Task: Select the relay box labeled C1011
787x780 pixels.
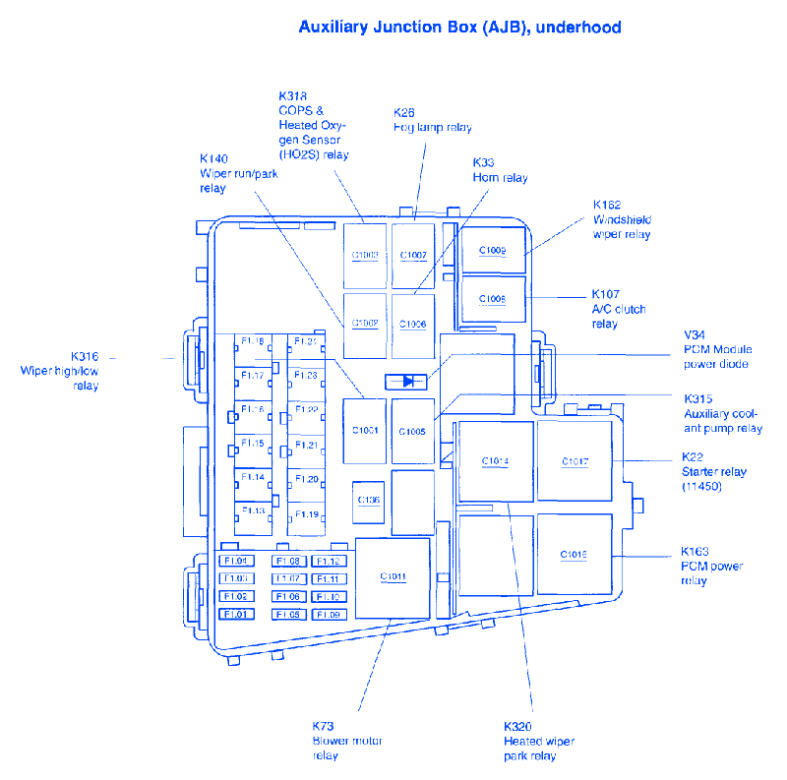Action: (393, 577)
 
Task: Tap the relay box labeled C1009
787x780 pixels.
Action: (493, 250)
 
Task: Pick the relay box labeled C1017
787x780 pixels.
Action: (575, 461)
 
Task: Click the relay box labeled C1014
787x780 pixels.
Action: (495, 461)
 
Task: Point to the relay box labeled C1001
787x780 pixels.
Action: (365, 431)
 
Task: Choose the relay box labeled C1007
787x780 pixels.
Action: (413, 255)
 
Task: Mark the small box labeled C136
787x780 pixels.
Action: (369, 501)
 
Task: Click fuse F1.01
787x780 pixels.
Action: (236, 615)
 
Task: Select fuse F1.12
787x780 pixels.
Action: (328, 562)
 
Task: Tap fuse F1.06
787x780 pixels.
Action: (287, 597)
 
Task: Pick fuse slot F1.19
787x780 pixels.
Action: (306, 513)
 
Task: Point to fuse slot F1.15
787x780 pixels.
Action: (253, 444)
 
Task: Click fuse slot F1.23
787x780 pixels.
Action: (306, 375)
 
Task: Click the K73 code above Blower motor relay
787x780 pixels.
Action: (325, 726)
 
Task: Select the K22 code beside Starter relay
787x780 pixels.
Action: (693, 457)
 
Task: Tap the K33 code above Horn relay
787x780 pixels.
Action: (483, 162)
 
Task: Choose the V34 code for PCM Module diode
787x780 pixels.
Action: (695, 334)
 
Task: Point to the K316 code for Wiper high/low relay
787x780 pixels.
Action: (84, 356)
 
